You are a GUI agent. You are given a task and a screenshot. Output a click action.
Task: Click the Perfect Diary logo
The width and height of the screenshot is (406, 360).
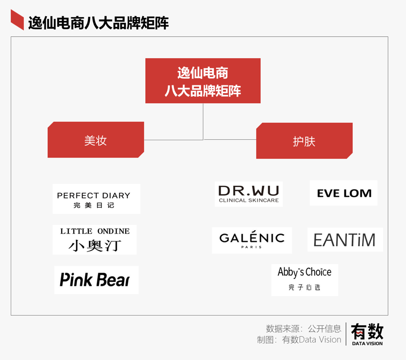pyautogui.click(x=96, y=199)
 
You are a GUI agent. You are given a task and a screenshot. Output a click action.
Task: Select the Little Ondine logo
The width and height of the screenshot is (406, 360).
pyautogui.click(x=95, y=240)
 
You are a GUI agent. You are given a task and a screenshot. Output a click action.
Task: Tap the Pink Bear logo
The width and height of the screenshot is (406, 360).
pyautogui.click(x=96, y=280)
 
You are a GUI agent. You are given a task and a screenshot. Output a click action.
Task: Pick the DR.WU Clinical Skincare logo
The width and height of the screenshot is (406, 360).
pyautogui.click(x=248, y=194)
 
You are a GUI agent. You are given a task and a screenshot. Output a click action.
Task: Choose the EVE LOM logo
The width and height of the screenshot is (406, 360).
pyautogui.click(x=343, y=193)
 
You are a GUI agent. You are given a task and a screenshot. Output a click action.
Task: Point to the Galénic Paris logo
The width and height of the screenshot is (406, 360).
pyautogui.click(x=252, y=240)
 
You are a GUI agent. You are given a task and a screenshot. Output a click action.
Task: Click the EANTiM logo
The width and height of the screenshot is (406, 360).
pyautogui.click(x=345, y=240)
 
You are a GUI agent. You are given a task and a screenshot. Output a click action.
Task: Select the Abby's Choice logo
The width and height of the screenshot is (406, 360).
pyautogui.click(x=304, y=279)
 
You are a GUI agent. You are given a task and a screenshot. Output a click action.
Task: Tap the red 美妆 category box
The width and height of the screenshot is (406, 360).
pyautogui.click(x=96, y=140)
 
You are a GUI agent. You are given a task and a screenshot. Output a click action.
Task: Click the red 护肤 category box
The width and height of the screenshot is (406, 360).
pyautogui.click(x=304, y=141)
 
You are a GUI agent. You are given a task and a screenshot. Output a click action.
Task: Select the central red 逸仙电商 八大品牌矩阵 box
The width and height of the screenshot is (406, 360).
pyautogui.click(x=203, y=81)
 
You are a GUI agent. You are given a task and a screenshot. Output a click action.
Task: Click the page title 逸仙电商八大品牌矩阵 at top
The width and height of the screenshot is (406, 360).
pyautogui.click(x=98, y=22)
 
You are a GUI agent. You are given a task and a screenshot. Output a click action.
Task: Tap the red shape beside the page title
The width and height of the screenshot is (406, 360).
pyautogui.click(x=17, y=20)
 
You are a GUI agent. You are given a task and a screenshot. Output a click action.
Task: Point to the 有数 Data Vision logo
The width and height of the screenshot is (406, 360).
pyautogui.click(x=367, y=333)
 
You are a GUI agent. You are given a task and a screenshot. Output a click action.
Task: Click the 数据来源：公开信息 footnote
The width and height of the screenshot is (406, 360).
pyautogui.click(x=303, y=328)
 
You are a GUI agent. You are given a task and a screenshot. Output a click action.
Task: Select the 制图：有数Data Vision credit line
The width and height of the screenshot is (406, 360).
pyautogui.click(x=299, y=339)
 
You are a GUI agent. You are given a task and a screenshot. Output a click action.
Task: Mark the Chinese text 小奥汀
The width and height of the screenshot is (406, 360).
pyautogui.click(x=95, y=245)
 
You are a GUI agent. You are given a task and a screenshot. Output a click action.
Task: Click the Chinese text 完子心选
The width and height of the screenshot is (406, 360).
pyautogui.click(x=304, y=287)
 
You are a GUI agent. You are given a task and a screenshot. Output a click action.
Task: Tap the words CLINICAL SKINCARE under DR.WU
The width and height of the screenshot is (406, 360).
pyautogui.click(x=248, y=201)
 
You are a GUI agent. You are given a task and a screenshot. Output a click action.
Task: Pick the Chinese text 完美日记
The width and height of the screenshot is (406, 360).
pyautogui.click(x=94, y=206)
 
